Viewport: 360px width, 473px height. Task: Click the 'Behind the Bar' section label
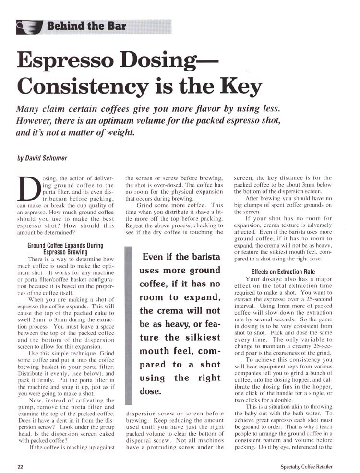[x=86, y=26]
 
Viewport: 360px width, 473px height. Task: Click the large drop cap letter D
[x=27, y=189]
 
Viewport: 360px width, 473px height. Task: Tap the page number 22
[x=21, y=467]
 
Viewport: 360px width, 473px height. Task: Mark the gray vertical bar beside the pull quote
[x=128, y=326]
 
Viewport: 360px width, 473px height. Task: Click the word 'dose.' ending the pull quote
[x=151, y=391]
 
